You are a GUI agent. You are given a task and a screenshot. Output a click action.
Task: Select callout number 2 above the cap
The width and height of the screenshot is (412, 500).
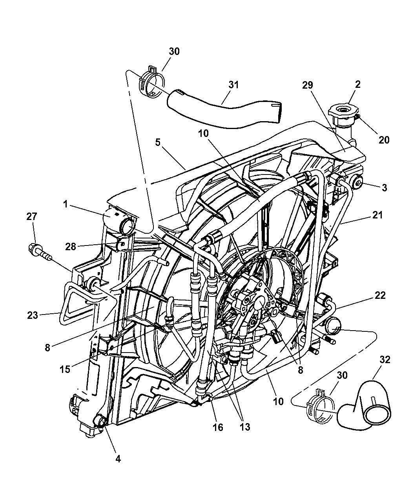pyautogui.click(x=357, y=84)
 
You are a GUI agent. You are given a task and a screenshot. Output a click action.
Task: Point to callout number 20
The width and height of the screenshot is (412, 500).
pyautogui.click(x=384, y=139)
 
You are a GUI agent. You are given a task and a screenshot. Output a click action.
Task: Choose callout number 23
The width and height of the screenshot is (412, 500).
pyautogui.click(x=33, y=315)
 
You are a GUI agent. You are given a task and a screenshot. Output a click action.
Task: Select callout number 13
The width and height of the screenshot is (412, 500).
pyautogui.click(x=244, y=427)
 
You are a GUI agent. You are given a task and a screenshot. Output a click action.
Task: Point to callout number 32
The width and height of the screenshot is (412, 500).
pyautogui.click(x=385, y=359)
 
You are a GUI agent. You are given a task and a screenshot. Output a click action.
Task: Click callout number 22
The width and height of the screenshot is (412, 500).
pyautogui.click(x=380, y=295)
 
